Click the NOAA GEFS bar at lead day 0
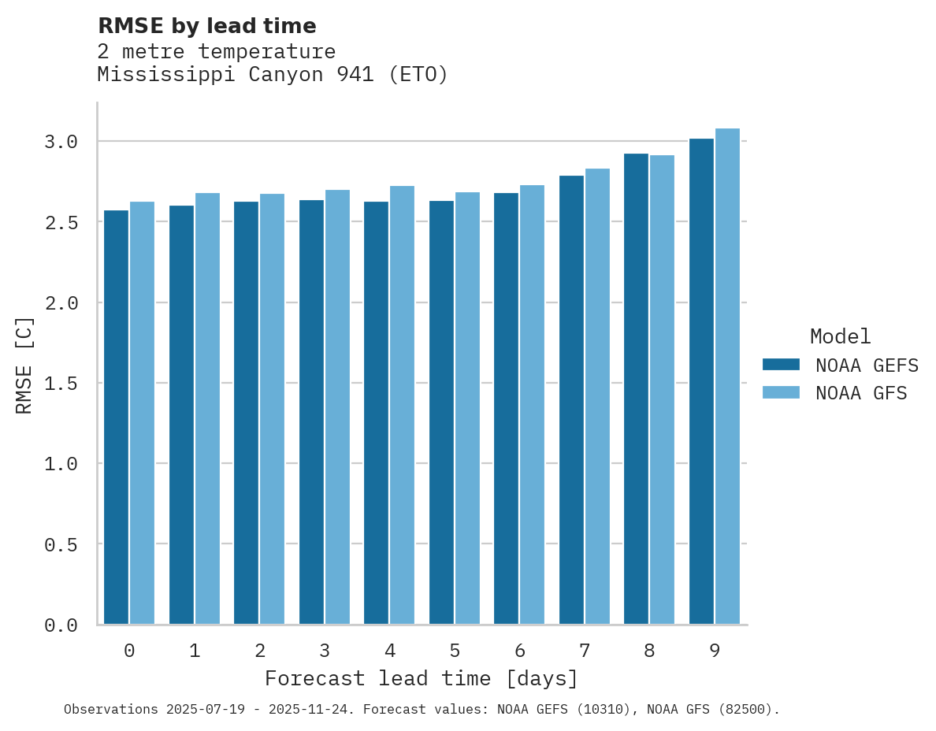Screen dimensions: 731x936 click(116, 417)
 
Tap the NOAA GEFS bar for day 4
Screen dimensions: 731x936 click(376, 413)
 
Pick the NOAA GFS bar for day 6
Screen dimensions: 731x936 click(532, 405)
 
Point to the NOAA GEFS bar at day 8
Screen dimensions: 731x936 click(636, 389)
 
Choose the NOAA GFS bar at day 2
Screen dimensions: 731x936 click(272, 409)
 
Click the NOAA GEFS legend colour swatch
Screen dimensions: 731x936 click(781, 365)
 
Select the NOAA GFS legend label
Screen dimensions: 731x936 click(861, 393)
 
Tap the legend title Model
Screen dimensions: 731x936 click(840, 337)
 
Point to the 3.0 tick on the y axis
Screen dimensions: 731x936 click(61, 142)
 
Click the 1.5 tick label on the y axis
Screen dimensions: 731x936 click(61, 384)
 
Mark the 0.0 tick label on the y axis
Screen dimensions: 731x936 click(61, 625)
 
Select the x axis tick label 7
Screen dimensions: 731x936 click(584, 651)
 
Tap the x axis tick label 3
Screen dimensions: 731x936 click(324, 651)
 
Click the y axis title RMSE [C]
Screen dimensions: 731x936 click(24, 365)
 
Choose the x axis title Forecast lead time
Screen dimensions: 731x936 click(422, 679)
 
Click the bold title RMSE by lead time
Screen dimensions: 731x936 click(206, 26)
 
